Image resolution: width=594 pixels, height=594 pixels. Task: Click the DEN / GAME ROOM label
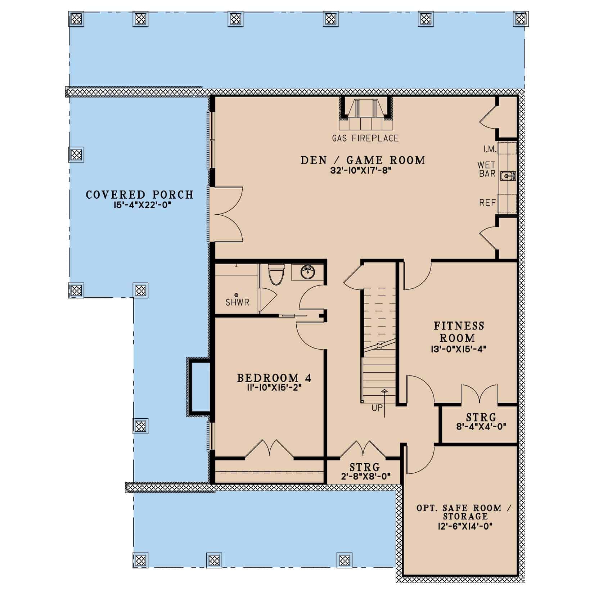click(363, 160)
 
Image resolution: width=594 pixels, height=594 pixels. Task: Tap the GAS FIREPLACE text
click(365, 138)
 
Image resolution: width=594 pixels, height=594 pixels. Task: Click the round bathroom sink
click(307, 272)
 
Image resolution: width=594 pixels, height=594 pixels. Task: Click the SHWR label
click(237, 302)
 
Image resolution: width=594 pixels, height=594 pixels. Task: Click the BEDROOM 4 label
click(274, 378)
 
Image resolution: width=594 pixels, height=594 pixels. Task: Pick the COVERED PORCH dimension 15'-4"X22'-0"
click(139, 206)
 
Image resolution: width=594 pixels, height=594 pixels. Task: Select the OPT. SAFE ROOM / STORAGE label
click(464, 512)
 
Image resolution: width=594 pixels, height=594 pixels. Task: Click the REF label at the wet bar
click(487, 203)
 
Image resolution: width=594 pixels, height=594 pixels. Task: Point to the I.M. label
click(490, 149)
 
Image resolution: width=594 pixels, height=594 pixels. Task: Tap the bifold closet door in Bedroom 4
click(269, 449)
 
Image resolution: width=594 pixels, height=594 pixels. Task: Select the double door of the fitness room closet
click(479, 394)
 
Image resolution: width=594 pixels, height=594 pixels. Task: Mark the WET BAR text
click(487, 169)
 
